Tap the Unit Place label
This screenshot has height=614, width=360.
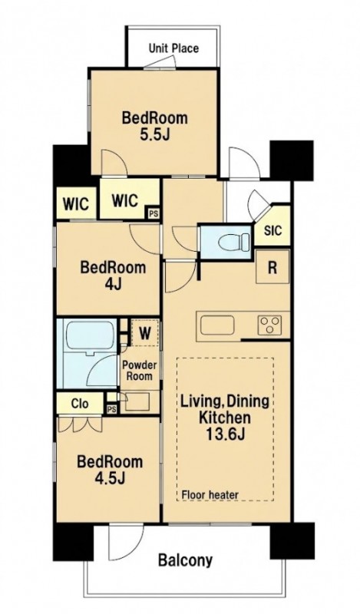173,48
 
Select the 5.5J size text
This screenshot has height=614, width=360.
155,135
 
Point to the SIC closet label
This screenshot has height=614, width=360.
272,230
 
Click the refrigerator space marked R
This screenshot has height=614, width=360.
272,268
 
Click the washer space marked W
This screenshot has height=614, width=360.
145,333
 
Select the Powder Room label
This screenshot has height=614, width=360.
140,371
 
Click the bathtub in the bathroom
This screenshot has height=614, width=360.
91,335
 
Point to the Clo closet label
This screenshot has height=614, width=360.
80,404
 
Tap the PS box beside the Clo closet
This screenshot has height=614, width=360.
111,409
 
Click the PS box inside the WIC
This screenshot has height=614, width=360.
154,214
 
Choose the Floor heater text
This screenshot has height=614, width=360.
210,495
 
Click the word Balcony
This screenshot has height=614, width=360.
185,561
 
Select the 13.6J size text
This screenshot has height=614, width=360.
224,434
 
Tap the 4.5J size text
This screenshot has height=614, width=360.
110,477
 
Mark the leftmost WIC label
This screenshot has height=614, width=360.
76,203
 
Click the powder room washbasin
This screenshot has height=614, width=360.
137,401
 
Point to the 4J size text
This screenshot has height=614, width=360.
113,284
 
